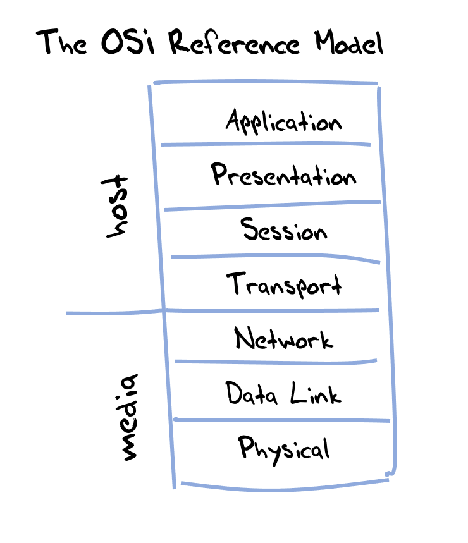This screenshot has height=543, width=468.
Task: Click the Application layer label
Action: [x=283, y=121]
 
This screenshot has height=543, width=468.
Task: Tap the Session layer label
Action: [x=284, y=230]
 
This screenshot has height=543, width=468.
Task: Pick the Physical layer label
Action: [x=284, y=449]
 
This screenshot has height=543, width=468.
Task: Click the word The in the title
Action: [x=63, y=43]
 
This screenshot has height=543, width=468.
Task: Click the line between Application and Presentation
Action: [x=266, y=144]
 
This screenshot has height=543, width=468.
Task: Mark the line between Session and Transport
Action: [x=272, y=257]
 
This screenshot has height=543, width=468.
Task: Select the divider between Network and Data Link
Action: [x=275, y=362]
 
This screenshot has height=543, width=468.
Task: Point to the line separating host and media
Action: [x=114, y=312]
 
